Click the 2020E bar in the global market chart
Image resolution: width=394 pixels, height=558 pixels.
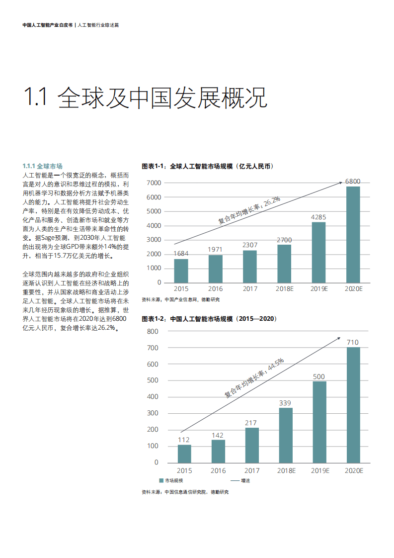pyautogui.click(x=353, y=234)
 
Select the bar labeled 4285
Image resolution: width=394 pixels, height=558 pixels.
pyautogui.click(x=318, y=252)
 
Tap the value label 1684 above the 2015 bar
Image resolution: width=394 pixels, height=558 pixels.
pyautogui.click(x=181, y=254)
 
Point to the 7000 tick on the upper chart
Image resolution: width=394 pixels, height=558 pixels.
pyautogui.click(x=155, y=183)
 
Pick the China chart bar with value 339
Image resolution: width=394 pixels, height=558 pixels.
pyautogui.click(x=285, y=435)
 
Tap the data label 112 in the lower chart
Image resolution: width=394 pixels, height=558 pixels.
pyautogui.click(x=184, y=440)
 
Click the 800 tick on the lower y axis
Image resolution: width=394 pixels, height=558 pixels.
pyautogui.click(x=153, y=331)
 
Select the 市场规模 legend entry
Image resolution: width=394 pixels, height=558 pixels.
pyautogui.click(x=171, y=480)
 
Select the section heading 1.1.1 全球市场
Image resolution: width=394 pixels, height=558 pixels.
pyautogui.click(x=43, y=166)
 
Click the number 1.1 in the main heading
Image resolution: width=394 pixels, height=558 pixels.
pyautogui.click(x=35, y=97)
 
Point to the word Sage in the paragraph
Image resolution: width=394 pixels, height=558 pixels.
pyautogui.click(x=56, y=239)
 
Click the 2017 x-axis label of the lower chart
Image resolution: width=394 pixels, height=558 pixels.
pyautogui.click(x=252, y=470)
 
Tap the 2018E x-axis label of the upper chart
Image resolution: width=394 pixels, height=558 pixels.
pyautogui.click(x=284, y=288)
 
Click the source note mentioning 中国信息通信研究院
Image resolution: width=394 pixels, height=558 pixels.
pyautogui.click(x=185, y=492)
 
